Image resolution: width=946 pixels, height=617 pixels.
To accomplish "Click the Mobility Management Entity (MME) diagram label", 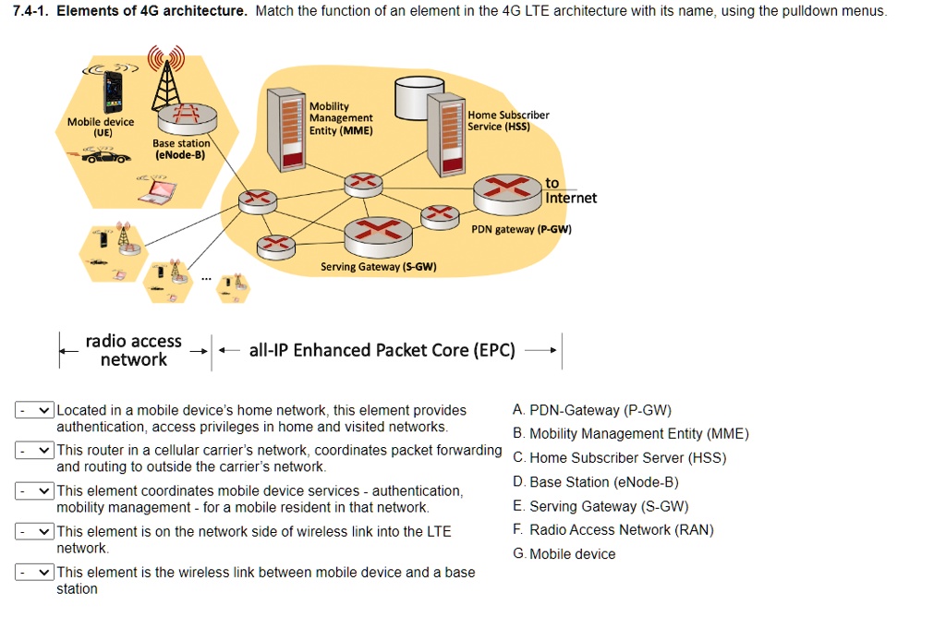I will [341, 118].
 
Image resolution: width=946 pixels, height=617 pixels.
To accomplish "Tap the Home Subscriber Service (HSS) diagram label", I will [508, 121].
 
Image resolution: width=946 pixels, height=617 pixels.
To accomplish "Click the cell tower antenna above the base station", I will [167, 77].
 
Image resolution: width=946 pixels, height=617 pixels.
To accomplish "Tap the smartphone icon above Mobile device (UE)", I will [112, 91].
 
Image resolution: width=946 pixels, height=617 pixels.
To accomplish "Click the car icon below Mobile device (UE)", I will [100, 157].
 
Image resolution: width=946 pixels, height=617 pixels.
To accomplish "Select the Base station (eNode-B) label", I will [181, 149].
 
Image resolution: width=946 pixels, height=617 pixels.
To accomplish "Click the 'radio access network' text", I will [133, 351].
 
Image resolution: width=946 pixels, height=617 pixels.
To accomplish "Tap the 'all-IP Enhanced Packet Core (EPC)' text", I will [382, 350].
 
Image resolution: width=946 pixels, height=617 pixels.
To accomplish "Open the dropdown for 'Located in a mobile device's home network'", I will [35, 410].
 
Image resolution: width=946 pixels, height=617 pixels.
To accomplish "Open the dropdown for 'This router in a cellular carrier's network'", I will [35, 451].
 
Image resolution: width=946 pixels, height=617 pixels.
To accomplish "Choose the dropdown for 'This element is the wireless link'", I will [35, 573].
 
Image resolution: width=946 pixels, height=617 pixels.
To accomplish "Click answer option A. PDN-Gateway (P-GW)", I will [591, 410].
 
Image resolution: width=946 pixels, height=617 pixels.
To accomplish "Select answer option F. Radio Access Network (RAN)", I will [612, 529].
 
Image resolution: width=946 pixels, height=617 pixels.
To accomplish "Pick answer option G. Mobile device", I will [564, 554].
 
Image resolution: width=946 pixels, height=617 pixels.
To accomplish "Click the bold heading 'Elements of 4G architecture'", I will [152, 12].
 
